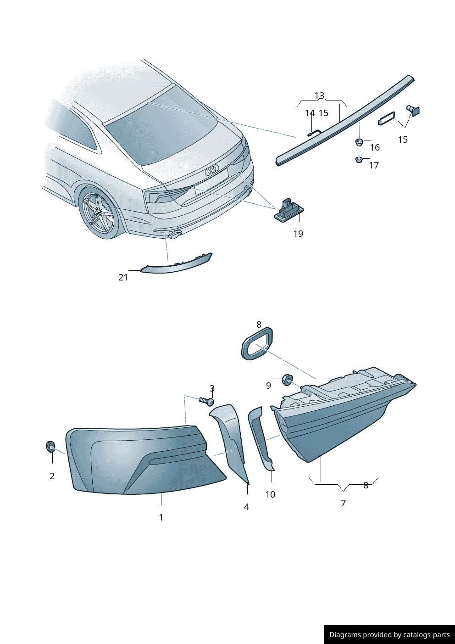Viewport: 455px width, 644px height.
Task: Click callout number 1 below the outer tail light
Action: point(161,517)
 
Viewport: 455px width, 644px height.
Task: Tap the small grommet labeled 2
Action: point(50,446)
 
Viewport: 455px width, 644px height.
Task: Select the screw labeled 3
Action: point(207,401)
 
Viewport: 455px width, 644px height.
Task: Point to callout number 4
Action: point(247,507)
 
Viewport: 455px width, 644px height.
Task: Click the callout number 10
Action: point(270,494)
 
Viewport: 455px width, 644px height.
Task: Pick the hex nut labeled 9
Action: point(287,380)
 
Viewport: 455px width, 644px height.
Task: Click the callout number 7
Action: point(343,503)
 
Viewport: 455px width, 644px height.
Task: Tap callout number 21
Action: point(123,277)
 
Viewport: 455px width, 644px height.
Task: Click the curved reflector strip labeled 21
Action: point(177,265)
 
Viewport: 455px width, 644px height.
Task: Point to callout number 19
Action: point(298,234)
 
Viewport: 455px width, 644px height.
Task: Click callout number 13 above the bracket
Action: point(319,96)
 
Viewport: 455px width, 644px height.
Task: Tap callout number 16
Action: point(375,147)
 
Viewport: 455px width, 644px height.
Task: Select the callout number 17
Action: point(374,165)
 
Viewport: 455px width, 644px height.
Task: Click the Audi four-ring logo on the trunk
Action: point(212,171)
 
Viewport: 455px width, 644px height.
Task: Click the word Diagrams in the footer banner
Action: point(345,635)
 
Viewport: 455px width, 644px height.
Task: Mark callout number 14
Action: point(310,113)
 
